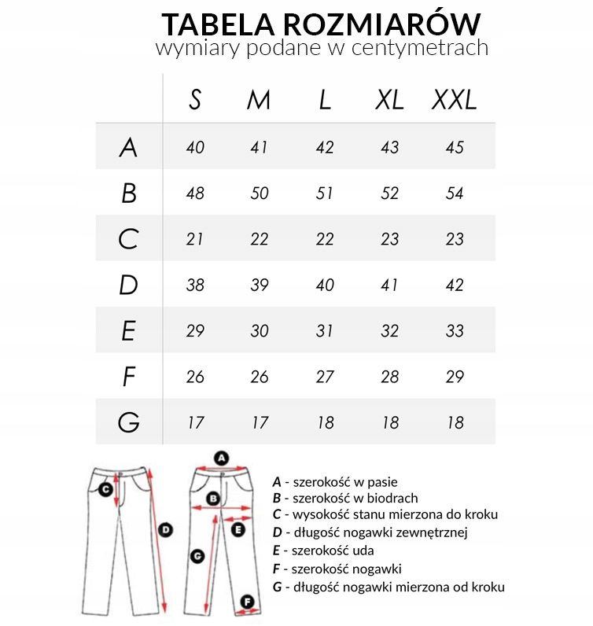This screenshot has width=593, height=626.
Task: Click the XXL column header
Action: point(455,101)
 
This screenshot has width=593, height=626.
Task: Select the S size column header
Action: point(195,101)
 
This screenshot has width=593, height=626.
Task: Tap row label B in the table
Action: point(129,193)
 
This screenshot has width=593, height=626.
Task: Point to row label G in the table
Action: point(129,422)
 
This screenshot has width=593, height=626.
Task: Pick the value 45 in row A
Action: point(455,147)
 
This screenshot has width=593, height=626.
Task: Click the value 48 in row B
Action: point(195,193)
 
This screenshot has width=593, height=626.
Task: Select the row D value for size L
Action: point(325,285)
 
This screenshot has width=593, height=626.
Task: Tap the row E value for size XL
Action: point(389,331)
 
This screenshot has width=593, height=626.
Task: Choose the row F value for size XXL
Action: point(455,377)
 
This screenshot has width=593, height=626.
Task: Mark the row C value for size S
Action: point(195,239)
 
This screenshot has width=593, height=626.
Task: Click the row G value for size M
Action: point(260,422)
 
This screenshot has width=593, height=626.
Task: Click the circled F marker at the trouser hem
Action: point(248,602)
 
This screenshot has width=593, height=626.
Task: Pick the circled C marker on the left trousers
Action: point(105,488)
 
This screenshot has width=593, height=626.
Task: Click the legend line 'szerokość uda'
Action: point(322,551)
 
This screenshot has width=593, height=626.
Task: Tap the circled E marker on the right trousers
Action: point(238,530)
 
